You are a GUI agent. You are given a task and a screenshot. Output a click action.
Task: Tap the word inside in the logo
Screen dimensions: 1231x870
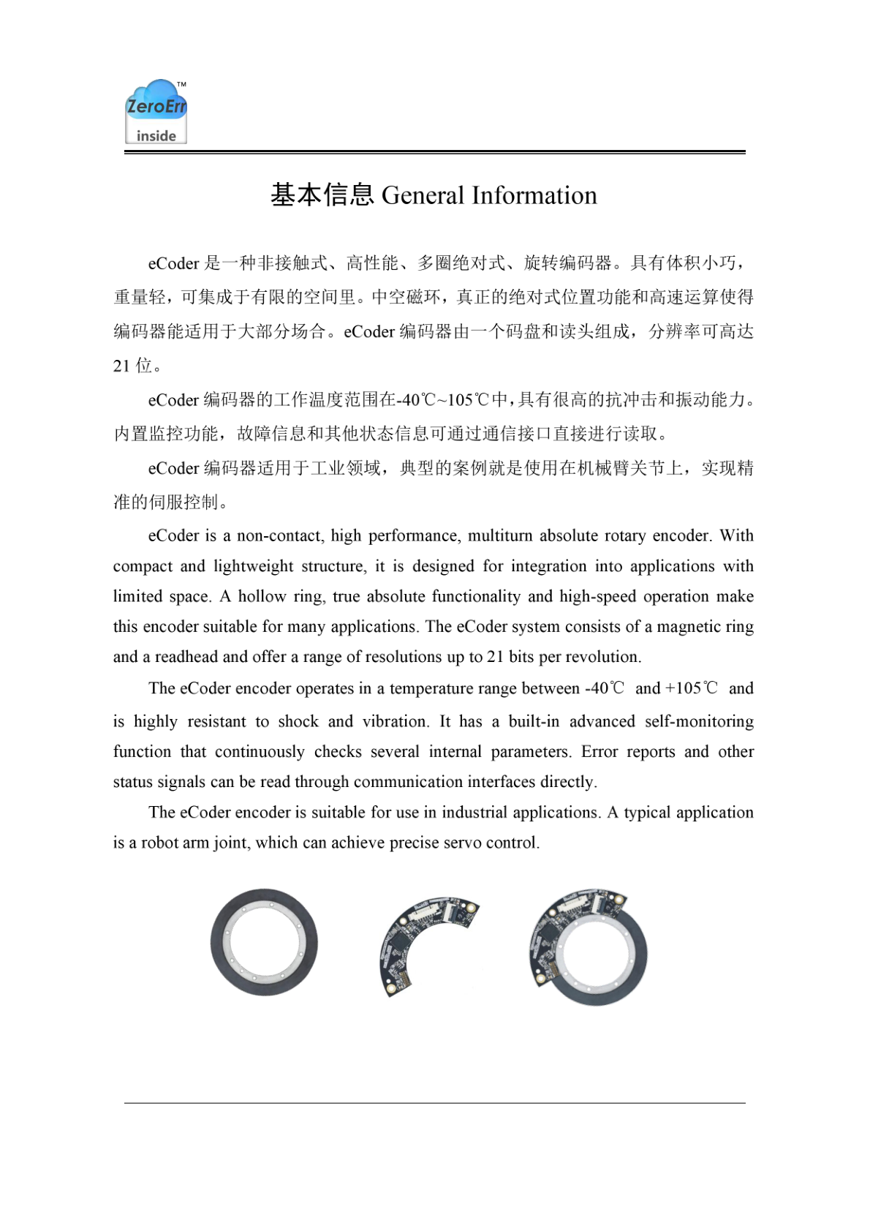(156, 136)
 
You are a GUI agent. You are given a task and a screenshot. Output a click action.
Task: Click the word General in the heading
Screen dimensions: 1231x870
(423, 195)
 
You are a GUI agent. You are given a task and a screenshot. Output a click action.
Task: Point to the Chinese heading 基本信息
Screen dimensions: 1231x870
(322, 195)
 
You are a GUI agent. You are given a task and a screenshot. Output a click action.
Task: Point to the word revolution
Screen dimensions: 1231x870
(603, 657)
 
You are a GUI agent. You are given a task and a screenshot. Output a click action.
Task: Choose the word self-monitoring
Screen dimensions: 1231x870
(699, 721)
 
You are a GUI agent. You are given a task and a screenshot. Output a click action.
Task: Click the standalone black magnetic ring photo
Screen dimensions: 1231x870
(264, 942)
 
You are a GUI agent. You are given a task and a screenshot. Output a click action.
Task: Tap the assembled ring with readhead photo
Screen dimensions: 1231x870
(589, 947)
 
